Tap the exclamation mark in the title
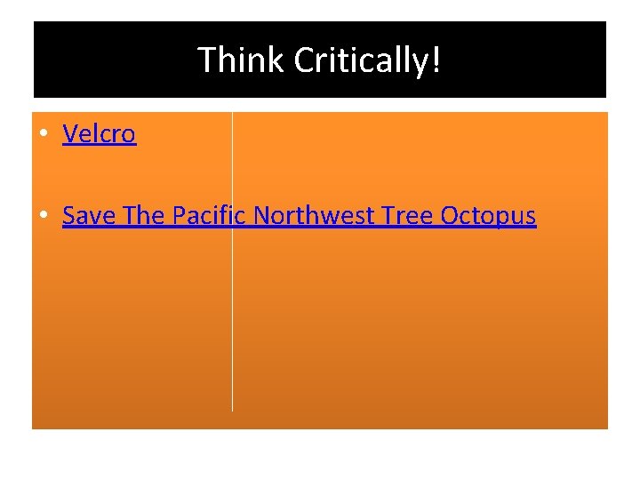coord(436,60)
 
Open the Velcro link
coord(99,134)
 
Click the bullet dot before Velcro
coord(43,135)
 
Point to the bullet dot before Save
coord(43,216)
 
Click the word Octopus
coord(489,216)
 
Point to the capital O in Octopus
coord(450,216)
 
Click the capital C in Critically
coord(304,60)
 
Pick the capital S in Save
coord(69,216)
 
